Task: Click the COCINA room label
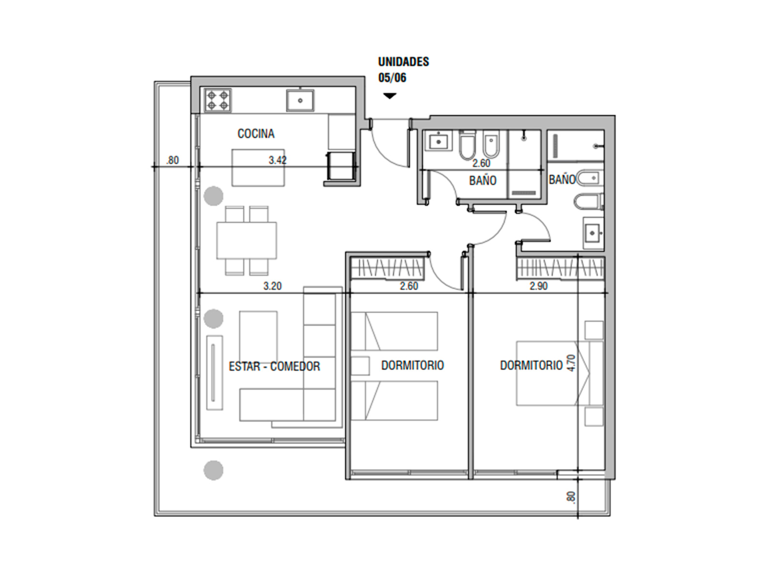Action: [x=255, y=134]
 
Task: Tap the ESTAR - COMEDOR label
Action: [x=274, y=366]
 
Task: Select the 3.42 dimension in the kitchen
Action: [x=278, y=160]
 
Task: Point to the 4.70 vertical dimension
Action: [x=572, y=363]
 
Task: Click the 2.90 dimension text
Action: [x=538, y=286]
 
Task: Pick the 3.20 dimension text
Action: [x=272, y=286]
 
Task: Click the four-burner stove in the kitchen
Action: [x=218, y=101]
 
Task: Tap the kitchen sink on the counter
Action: [x=300, y=100]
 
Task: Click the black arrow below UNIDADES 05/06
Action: [x=389, y=96]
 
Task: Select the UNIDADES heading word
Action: [x=403, y=62]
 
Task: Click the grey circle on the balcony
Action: [x=213, y=470]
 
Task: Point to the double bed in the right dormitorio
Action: [x=552, y=373]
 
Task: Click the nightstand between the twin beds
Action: [x=360, y=366]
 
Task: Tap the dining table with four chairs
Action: [x=247, y=241]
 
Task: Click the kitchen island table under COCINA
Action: [x=258, y=168]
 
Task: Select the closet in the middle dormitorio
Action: [x=387, y=268]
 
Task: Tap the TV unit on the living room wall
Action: [x=214, y=372]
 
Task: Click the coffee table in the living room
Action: [x=258, y=336]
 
